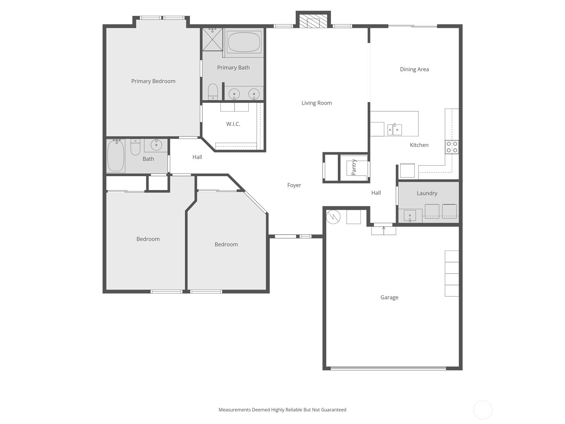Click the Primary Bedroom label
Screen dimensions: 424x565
(x=153, y=81)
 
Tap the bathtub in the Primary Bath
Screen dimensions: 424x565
(x=244, y=42)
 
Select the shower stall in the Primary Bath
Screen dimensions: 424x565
(x=212, y=39)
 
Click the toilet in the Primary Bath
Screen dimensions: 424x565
(x=213, y=92)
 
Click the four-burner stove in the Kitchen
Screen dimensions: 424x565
(x=452, y=147)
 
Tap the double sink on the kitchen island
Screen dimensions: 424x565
(x=394, y=130)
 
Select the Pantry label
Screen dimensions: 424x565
(x=354, y=167)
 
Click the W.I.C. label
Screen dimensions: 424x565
(x=233, y=124)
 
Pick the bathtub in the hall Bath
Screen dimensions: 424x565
(x=116, y=155)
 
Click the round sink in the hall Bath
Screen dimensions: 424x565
(x=156, y=145)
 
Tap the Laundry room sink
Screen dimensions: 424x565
(x=410, y=216)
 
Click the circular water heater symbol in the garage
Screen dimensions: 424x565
(x=333, y=217)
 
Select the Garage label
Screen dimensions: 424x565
(x=389, y=298)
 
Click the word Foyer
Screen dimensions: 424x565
(x=294, y=185)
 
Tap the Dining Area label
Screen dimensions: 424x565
(x=414, y=69)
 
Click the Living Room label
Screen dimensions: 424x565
(x=316, y=103)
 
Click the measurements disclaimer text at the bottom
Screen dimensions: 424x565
(x=282, y=410)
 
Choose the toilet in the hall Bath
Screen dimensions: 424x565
(x=135, y=147)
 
